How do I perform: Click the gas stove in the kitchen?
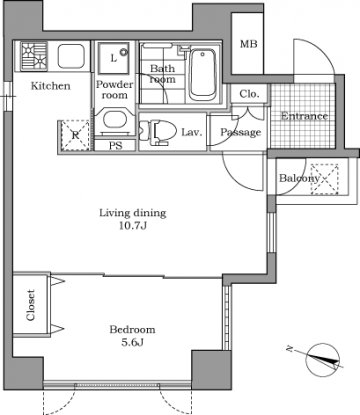[34, 56]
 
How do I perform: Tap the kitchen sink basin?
[71, 56]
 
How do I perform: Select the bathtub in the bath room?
[202, 75]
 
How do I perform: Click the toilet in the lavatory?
[158, 132]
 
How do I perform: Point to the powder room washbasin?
[115, 120]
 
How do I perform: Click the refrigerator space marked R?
[75, 136]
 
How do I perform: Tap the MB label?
[249, 44]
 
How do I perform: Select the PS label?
[115, 146]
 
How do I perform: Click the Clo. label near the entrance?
[249, 94]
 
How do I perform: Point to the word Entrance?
[304, 116]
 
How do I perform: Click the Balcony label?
[299, 178]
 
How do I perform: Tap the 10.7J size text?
[133, 226]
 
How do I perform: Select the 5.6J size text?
[132, 342]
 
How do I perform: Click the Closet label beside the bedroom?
[31, 305]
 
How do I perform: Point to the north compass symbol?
[322, 360]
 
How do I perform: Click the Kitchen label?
[51, 86]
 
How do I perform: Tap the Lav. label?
[192, 132]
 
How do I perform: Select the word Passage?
[240, 132]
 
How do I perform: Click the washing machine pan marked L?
[114, 58]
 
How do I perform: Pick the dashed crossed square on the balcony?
[324, 179]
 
